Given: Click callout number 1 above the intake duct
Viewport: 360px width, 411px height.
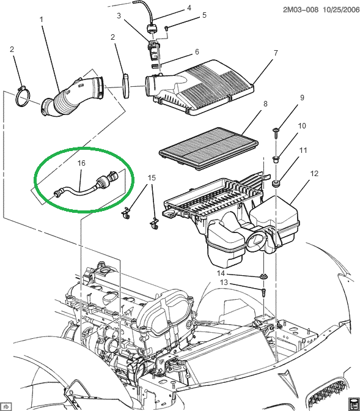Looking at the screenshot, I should tap(42, 20).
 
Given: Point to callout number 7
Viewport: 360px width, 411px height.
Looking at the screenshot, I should tap(276, 53).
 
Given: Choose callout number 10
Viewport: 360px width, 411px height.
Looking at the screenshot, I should tap(301, 126).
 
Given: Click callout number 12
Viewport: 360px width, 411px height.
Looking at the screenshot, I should tap(314, 174).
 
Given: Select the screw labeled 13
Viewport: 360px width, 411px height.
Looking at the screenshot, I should tap(263, 293).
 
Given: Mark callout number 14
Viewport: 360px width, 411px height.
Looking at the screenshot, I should tap(222, 273).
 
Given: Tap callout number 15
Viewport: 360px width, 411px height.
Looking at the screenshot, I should tap(152, 178).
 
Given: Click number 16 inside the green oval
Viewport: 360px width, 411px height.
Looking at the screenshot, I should tap(81, 163).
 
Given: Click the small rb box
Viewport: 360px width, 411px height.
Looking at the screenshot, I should tap(6, 405).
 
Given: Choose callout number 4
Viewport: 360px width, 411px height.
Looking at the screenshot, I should tap(189, 8).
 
